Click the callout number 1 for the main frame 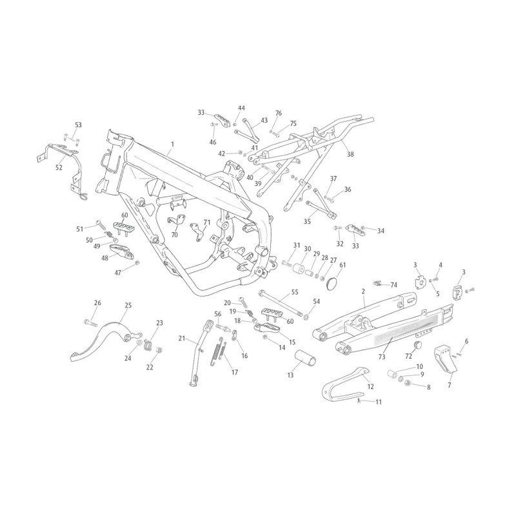tap(172, 144)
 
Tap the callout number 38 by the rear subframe tap(350, 154)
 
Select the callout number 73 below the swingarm tap(382, 357)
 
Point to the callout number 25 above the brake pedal tap(128, 305)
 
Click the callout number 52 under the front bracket tap(59, 168)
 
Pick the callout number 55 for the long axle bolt tap(295, 292)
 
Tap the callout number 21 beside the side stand tap(182, 338)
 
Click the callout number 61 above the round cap tap(342, 264)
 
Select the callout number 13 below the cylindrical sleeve tap(290, 375)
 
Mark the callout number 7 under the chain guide tap(450, 385)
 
